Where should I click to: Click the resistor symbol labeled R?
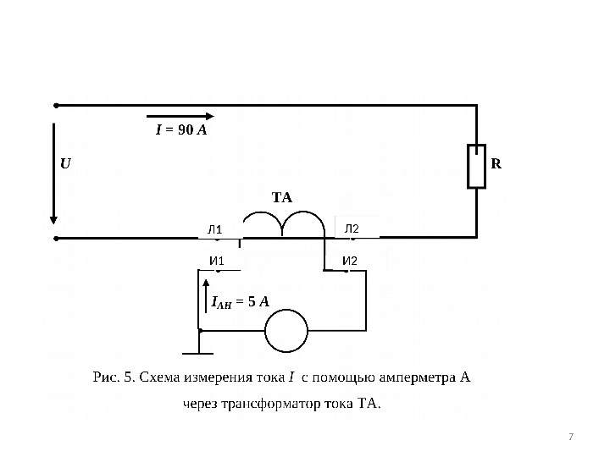coord(477,165)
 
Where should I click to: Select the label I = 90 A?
coord(181,131)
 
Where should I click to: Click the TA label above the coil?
coord(281,198)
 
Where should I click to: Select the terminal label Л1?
coord(214,229)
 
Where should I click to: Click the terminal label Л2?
coord(352,228)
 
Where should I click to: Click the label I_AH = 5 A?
coord(240,300)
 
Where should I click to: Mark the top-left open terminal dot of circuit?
coord(55,107)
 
